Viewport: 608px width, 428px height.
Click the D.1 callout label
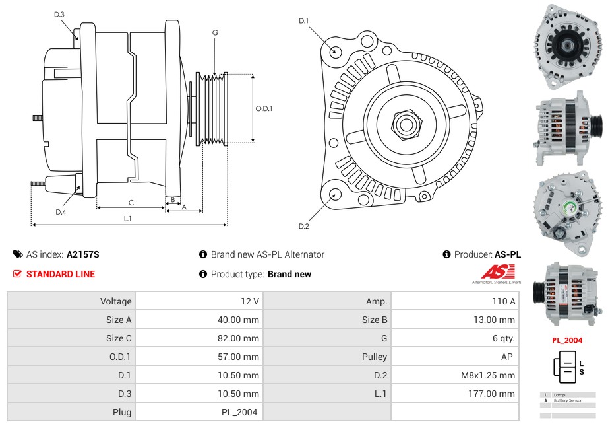pyautogui.click(x=303, y=21)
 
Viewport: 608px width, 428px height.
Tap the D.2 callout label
pyautogui.click(x=303, y=227)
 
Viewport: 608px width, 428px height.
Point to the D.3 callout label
pyautogui.click(x=59, y=15)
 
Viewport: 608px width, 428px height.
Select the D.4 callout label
pyautogui.click(x=61, y=212)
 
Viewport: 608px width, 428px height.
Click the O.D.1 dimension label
pyautogui.click(x=264, y=109)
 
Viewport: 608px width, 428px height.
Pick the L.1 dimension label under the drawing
pyautogui.click(x=128, y=219)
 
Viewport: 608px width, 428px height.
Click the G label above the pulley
pyautogui.click(x=215, y=32)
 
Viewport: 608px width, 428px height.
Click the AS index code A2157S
pyautogui.click(x=82, y=254)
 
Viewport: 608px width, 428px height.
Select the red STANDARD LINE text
pyautogui.click(x=60, y=274)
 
